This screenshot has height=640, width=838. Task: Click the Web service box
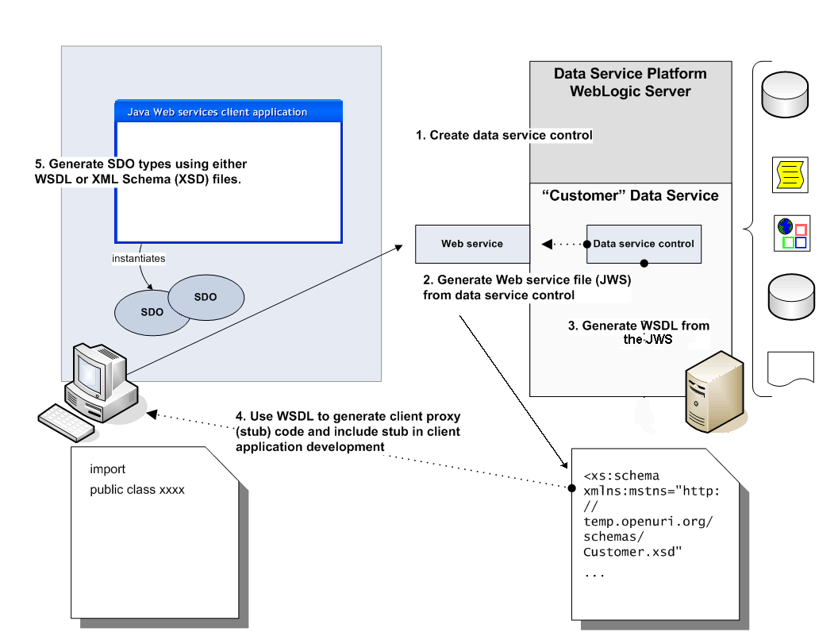[472, 244]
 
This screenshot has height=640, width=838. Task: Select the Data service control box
[644, 244]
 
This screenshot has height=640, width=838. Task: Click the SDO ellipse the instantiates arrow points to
[152, 312]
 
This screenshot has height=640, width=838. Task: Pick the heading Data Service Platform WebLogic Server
[630, 83]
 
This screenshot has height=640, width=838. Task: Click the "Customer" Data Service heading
[630, 196]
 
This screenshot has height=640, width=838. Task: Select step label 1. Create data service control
[504, 135]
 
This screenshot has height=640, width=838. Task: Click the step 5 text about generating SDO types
[141, 172]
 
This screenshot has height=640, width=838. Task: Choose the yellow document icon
[790, 175]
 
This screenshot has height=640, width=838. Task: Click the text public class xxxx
[137, 489]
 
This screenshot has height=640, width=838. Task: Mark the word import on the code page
[108, 468]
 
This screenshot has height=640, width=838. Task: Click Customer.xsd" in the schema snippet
[633, 552]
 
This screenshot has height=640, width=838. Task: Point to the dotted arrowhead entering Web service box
[547, 244]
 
